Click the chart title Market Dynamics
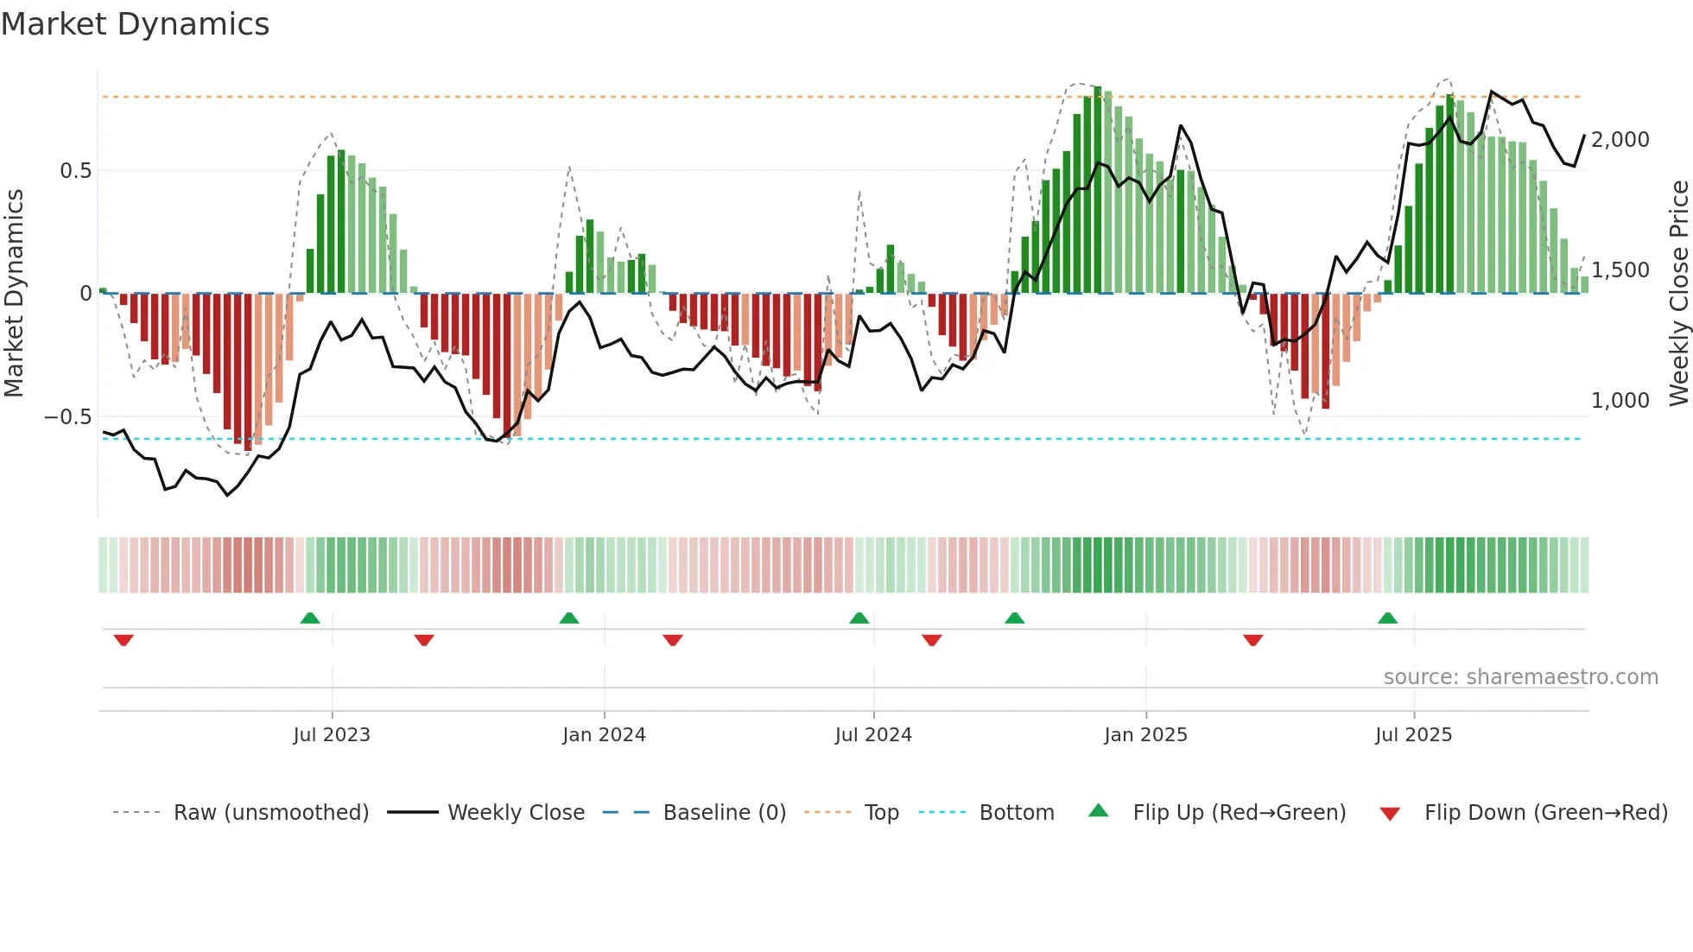(135, 24)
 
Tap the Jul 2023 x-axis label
(332, 735)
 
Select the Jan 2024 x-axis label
(604, 735)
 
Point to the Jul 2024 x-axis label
(873, 735)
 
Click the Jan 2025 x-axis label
(1145, 735)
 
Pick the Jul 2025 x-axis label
(1413, 735)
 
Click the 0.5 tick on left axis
(75, 171)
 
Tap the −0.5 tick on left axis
(68, 417)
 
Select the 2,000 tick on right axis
(1620, 140)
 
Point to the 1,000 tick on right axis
(1620, 401)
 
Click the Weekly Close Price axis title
(1678, 294)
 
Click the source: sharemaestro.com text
(1520, 677)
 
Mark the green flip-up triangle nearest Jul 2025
(1387, 619)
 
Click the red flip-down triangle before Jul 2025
(1253, 640)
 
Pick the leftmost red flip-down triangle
(124, 640)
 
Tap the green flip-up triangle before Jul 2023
(310, 619)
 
